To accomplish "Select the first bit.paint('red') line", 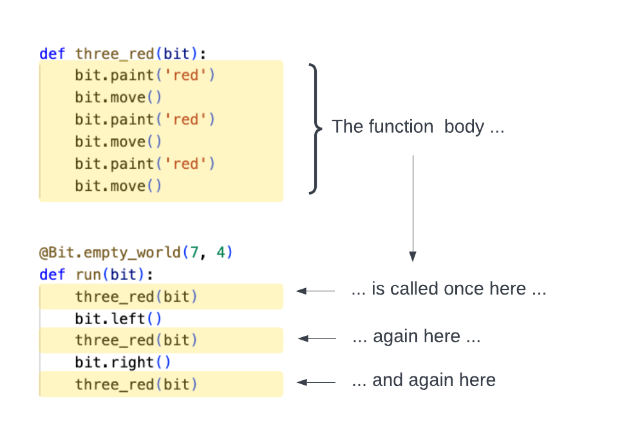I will tap(145, 75).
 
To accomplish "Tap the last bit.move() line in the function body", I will tap(118, 186).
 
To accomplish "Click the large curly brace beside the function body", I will tap(314, 128).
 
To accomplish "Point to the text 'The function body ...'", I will tap(417, 127).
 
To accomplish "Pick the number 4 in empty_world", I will tap(220, 252).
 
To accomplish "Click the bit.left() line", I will tap(118, 318).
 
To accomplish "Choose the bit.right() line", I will tap(122, 362).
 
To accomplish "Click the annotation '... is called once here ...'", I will tap(448, 289).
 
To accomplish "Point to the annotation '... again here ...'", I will tap(416, 337).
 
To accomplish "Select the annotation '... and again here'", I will tap(424, 380).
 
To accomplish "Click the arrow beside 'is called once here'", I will tap(315, 291).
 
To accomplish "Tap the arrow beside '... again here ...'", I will tap(317, 338).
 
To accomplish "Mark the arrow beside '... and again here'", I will tap(315, 382).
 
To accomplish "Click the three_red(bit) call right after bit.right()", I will tap(136, 384).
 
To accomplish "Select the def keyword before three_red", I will tap(52, 53).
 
